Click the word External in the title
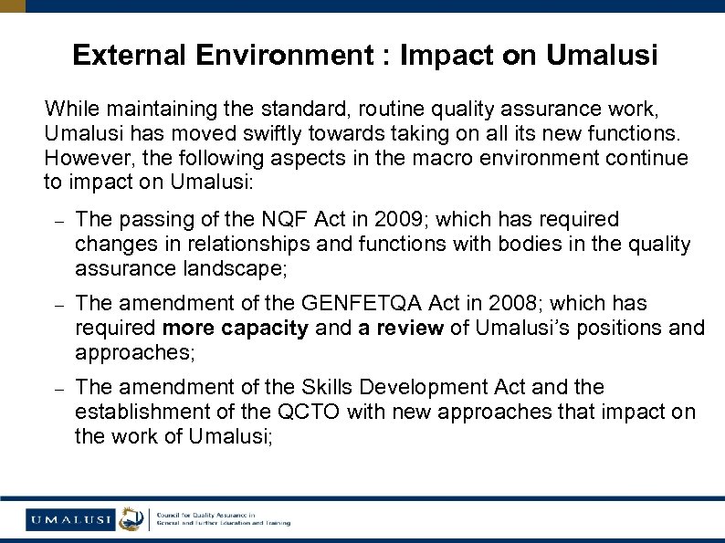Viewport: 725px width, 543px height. pyautogui.click(x=128, y=56)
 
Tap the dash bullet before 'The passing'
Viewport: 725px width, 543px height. pyautogui.click(x=56, y=221)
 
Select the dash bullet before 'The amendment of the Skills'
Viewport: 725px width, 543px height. pyautogui.click(x=56, y=388)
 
